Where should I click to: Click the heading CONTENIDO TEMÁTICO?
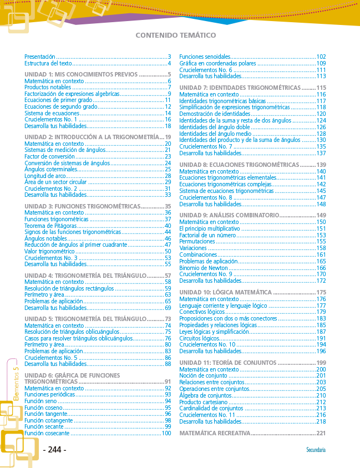175,35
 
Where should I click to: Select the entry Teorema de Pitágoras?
50,226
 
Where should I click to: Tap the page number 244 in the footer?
54,450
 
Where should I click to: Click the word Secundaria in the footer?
316,450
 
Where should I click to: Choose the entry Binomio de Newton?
204,267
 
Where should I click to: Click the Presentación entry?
40,57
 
